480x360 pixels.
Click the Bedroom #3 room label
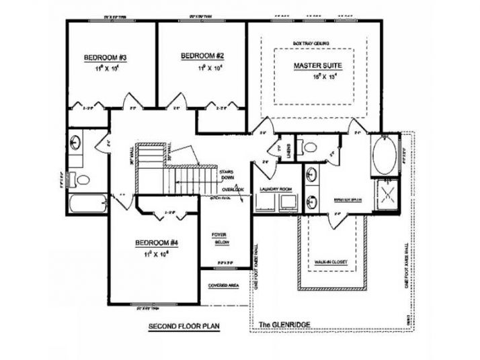pyautogui.click(x=105, y=58)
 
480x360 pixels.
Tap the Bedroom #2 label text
pyautogui.click(x=202, y=56)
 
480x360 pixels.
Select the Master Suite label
pyautogui.click(x=318, y=66)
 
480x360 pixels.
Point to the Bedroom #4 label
pyautogui.click(x=155, y=242)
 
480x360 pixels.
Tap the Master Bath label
pyautogui.click(x=348, y=200)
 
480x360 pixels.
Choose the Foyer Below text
pyautogui.click(x=221, y=238)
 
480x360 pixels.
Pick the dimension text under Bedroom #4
pyautogui.click(x=155, y=255)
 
